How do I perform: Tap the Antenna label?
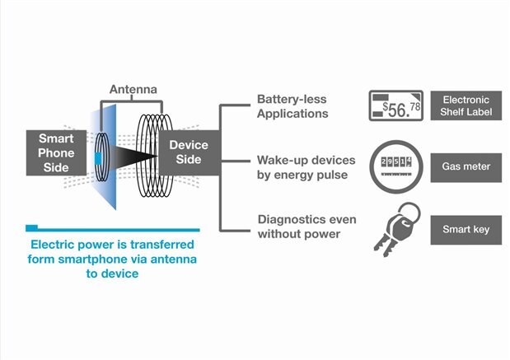(133, 88)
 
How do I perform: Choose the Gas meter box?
(466, 166)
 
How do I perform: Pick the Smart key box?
(466, 229)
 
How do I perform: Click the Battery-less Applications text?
(292, 107)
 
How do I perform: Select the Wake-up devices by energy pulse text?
(300, 167)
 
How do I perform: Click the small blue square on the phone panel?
(98, 157)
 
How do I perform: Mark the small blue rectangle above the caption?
(31, 227)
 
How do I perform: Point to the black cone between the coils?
(132, 156)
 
